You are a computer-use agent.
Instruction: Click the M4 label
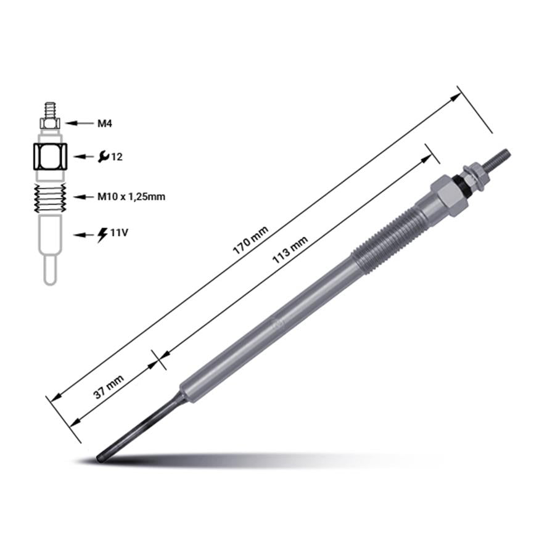[x=105, y=123]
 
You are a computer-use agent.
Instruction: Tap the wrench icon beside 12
[x=104, y=157]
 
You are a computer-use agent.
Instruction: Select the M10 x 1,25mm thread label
[x=131, y=197]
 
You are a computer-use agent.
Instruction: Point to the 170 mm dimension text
[x=250, y=240]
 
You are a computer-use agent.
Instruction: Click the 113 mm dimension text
[x=290, y=250]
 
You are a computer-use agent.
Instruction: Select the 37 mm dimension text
[x=109, y=387]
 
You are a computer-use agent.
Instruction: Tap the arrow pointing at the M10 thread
[x=84, y=197]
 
